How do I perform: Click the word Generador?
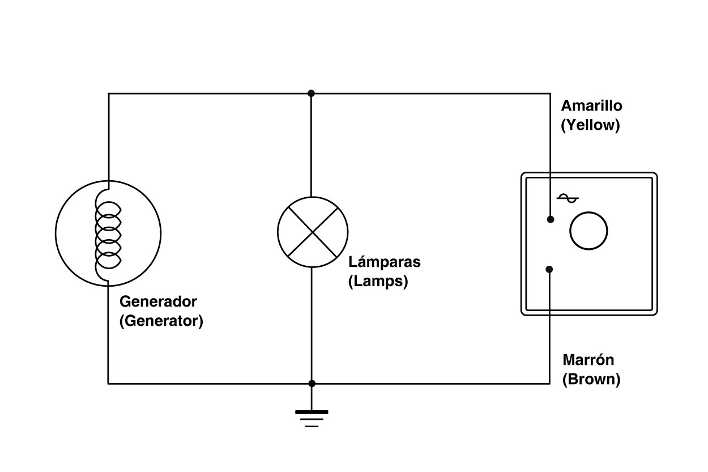click(157, 301)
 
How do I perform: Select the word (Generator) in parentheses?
click(161, 321)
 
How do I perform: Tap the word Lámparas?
click(385, 262)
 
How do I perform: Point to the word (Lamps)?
click(378, 282)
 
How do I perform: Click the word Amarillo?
click(591, 106)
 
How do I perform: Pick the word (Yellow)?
click(590, 125)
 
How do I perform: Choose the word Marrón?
click(588, 360)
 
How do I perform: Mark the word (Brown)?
click(591, 379)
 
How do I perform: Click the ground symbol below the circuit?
click(312, 418)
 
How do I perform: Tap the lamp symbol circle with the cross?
click(312, 232)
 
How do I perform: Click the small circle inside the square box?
click(588, 231)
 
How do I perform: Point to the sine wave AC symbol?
click(568, 198)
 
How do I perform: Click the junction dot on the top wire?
click(311, 93)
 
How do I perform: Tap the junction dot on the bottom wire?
click(312, 384)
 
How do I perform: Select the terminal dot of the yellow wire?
click(549, 219)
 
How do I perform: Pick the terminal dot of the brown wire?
click(549, 269)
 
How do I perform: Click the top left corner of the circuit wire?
click(108, 93)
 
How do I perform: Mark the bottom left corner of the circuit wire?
click(108, 384)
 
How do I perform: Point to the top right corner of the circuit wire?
click(549, 93)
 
